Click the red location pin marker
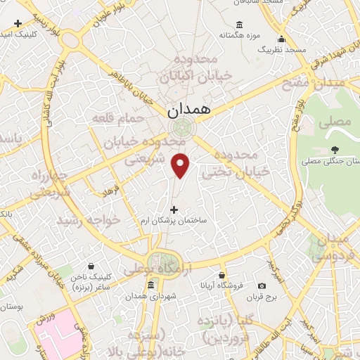click(x=181, y=165)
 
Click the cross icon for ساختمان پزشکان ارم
click(x=174, y=208)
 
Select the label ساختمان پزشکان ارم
click(x=174, y=221)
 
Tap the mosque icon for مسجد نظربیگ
click(x=281, y=39)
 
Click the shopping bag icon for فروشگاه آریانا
click(x=221, y=275)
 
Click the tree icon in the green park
click(x=335, y=150)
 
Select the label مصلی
click(x=335, y=122)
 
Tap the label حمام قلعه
click(x=118, y=118)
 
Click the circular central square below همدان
click(x=182, y=129)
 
